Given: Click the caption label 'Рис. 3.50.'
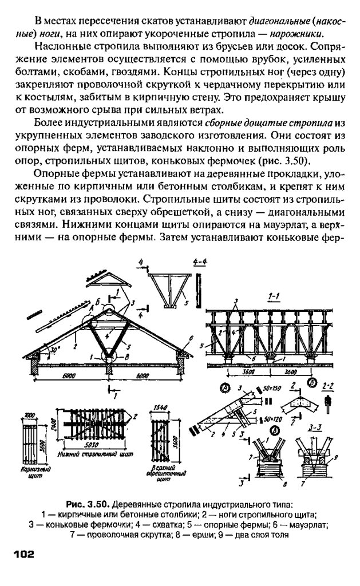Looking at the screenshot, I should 86,504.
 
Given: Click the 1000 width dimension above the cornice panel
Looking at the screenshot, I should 29,412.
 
